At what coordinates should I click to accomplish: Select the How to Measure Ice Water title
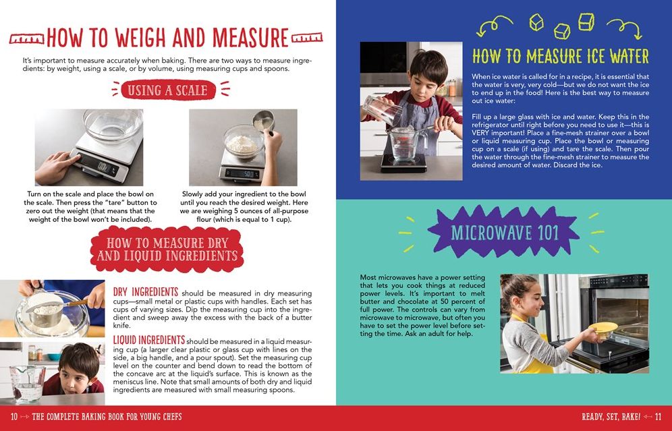[560, 56]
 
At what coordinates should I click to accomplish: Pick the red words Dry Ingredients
[146, 292]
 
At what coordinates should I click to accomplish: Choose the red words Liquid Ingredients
[149, 339]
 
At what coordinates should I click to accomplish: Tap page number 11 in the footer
[659, 416]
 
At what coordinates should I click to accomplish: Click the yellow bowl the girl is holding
[603, 328]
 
